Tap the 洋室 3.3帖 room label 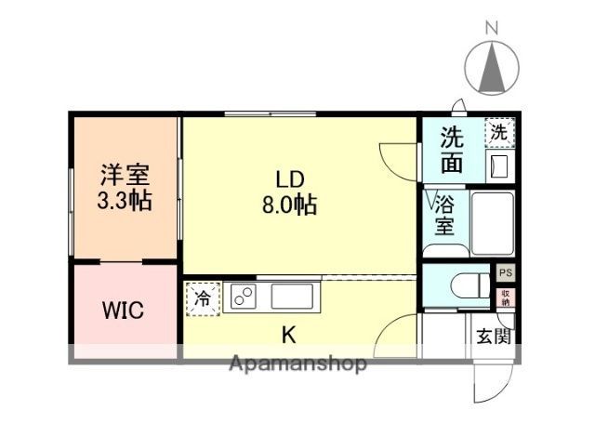coord(126,187)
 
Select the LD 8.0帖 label coord(288,192)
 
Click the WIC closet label coord(124,310)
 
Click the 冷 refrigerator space coord(202,297)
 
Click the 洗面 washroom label coord(452,150)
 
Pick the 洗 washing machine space coord(499,133)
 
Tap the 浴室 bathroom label coord(444,214)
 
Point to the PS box coord(505,273)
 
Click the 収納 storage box coord(505,297)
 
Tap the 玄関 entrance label coord(494,337)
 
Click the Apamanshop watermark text coord(297,364)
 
